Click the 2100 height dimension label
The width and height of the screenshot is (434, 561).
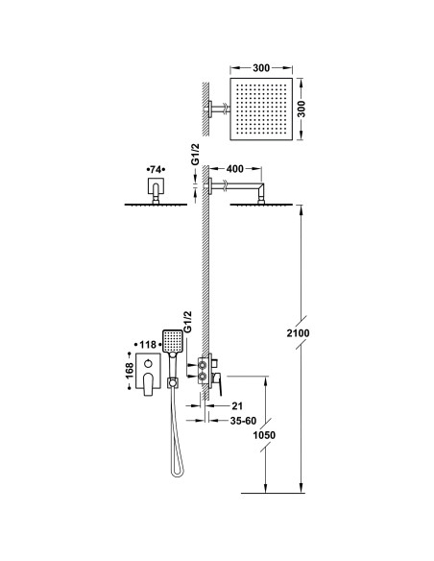(298, 333)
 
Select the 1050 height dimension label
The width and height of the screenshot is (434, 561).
(264, 435)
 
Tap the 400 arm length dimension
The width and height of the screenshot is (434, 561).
(235, 168)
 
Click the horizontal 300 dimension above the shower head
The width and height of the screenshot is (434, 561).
(261, 67)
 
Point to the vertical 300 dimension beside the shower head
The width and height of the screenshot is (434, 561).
(301, 109)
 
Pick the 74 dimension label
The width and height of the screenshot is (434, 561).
(157, 169)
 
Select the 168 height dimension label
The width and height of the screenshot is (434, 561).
(130, 370)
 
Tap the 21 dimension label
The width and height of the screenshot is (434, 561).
(237, 406)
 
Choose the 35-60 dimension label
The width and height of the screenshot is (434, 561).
(243, 421)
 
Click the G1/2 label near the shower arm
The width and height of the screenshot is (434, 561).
(195, 155)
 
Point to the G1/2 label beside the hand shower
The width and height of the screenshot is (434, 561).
(187, 323)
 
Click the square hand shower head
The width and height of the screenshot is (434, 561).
(173, 341)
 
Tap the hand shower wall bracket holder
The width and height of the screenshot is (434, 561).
(172, 382)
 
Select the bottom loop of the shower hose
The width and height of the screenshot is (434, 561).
(178, 472)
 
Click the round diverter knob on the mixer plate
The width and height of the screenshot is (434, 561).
(148, 364)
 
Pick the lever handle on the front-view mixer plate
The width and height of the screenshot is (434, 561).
(148, 384)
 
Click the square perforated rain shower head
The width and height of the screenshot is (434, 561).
(261, 109)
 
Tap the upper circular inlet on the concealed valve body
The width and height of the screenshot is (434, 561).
(203, 365)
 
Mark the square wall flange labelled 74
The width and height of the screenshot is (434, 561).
(156, 185)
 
